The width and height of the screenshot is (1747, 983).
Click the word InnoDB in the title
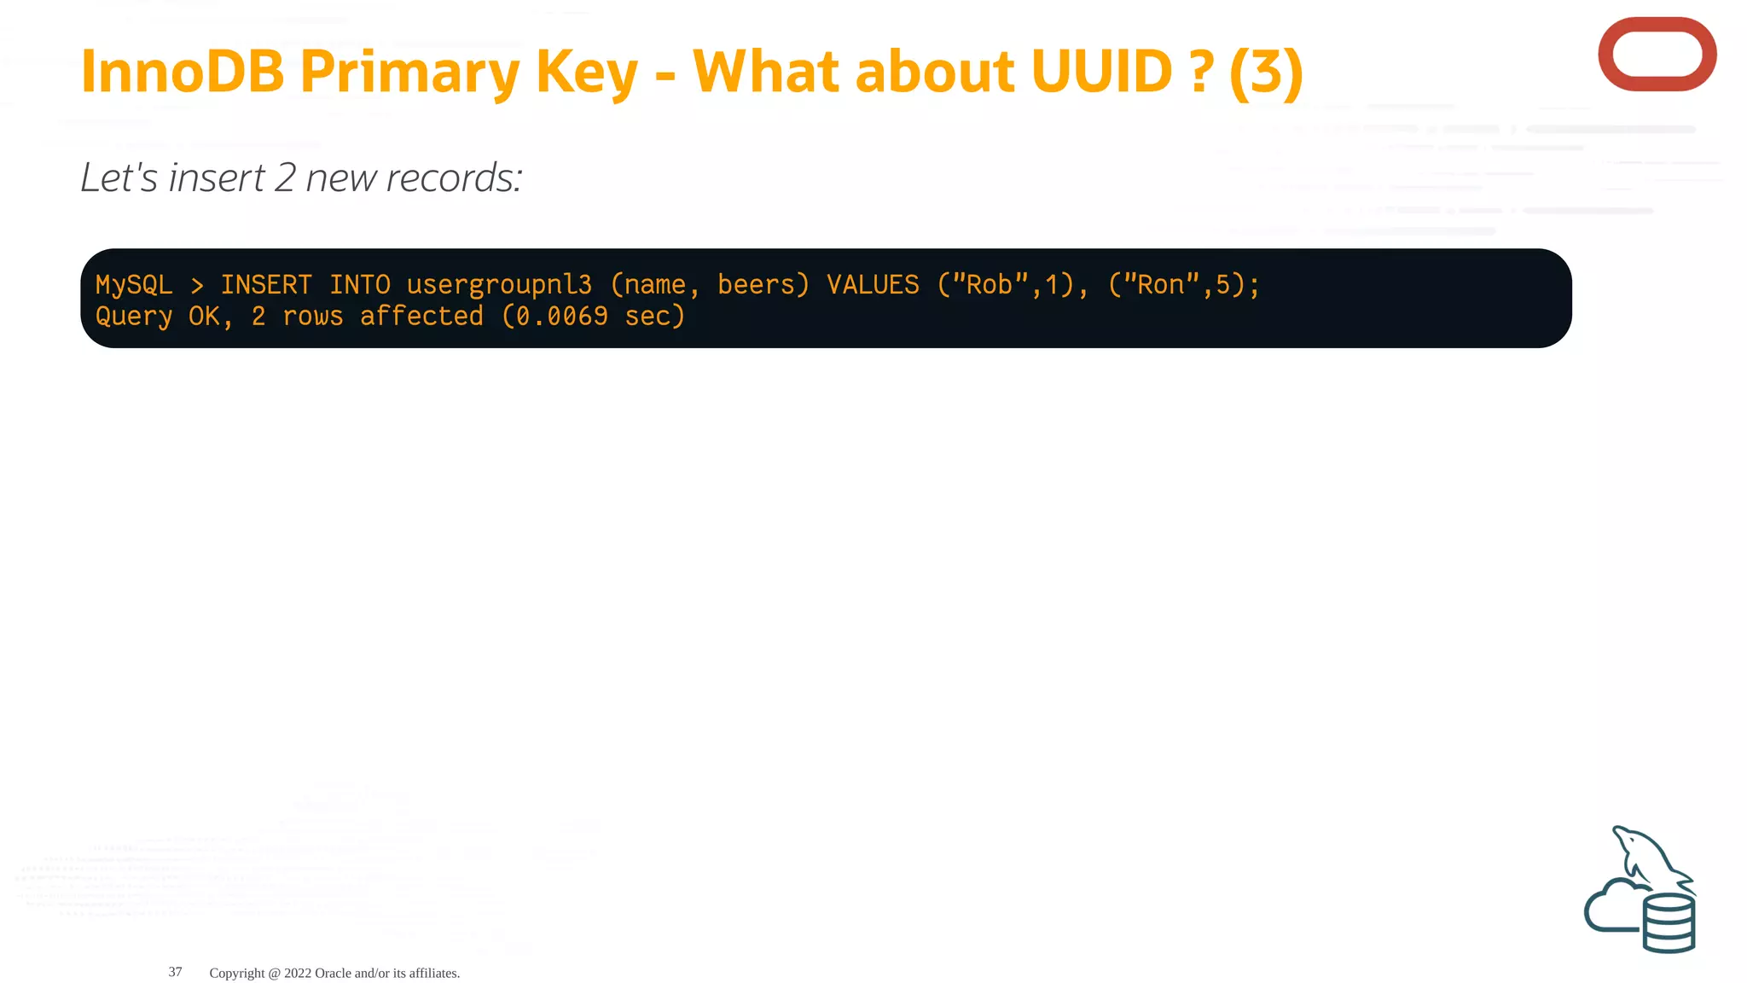click(x=182, y=72)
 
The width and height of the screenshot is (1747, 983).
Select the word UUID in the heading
click(x=1101, y=72)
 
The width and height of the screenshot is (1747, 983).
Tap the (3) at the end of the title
click(x=1266, y=72)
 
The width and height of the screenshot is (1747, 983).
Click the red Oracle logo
click(x=1657, y=55)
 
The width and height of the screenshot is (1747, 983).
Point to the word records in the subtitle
click(x=454, y=178)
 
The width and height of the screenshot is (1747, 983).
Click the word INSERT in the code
click(x=266, y=284)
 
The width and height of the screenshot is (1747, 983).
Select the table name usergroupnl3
click(x=499, y=285)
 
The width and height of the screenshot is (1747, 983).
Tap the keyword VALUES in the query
click(x=873, y=284)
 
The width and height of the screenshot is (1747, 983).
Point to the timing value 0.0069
click(x=562, y=317)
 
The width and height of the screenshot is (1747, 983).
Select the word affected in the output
click(x=421, y=317)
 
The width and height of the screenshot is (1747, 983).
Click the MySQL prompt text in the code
click(x=134, y=285)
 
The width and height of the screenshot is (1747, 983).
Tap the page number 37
click(x=175, y=972)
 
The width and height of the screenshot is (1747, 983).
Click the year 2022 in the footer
click(x=298, y=973)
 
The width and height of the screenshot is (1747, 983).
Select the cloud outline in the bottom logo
click(x=1607, y=909)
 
